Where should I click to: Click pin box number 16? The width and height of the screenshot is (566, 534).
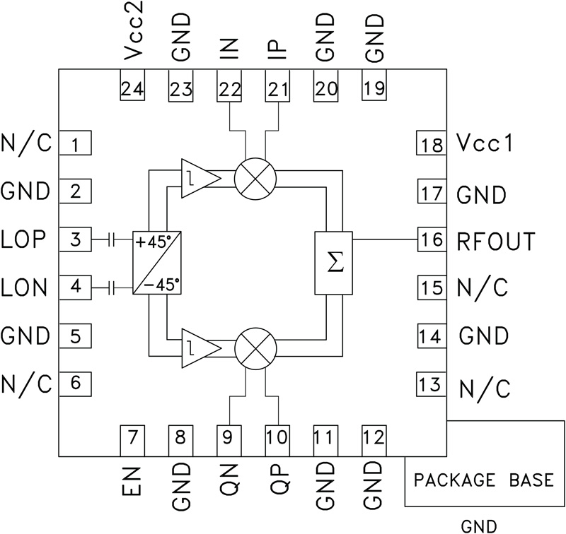[x=430, y=240]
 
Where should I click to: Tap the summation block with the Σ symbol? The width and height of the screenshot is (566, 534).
[x=333, y=263]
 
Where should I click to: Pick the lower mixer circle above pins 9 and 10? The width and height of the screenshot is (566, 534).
[x=254, y=347]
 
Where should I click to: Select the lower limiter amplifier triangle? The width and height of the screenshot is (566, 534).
[x=197, y=348]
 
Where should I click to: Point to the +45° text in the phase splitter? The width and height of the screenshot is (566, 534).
[x=156, y=241]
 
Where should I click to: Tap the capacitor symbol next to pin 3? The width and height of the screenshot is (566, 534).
[x=112, y=240]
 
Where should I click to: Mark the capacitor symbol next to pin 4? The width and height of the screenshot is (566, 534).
[x=112, y=287]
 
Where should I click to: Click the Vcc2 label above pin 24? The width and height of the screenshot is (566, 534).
[x=132, y=35]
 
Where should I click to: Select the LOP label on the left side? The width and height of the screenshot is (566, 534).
[x=24, y=240]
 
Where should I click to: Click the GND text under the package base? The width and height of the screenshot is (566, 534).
[x=478, y=526]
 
